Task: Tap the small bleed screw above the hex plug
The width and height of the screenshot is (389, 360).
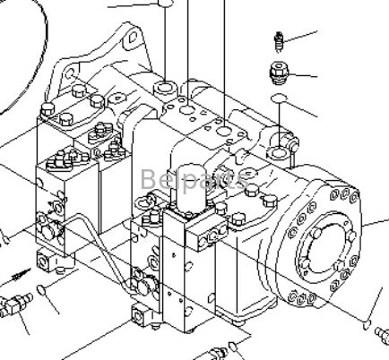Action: (x=280, y=41)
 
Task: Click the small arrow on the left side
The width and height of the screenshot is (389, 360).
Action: (x=20, y=274)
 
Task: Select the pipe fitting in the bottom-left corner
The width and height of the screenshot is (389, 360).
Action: (x=13, y=305)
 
